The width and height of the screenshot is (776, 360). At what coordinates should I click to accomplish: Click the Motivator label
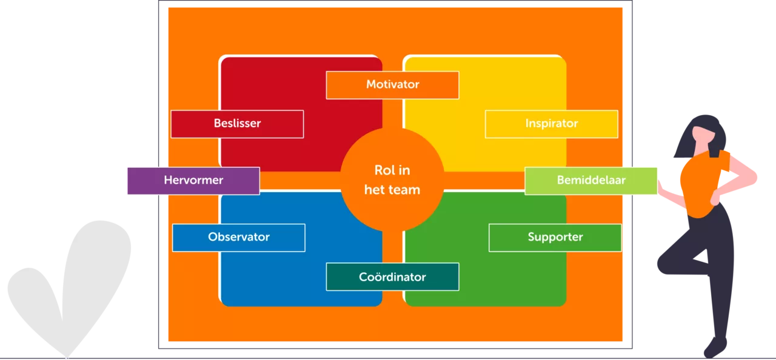point(392,85)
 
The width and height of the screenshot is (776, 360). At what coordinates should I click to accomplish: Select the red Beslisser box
point(237,124)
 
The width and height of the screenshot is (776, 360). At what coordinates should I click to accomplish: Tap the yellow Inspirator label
point(551,124)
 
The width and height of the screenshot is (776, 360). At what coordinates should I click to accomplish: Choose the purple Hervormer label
point(193,181)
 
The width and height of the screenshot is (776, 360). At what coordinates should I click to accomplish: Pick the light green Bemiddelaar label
point(591,181)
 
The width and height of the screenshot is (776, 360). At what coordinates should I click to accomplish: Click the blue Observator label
point(238,237)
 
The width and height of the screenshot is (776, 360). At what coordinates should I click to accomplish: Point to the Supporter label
point(555,237)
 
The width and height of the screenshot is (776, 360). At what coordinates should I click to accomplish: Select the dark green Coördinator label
point(392,277)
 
